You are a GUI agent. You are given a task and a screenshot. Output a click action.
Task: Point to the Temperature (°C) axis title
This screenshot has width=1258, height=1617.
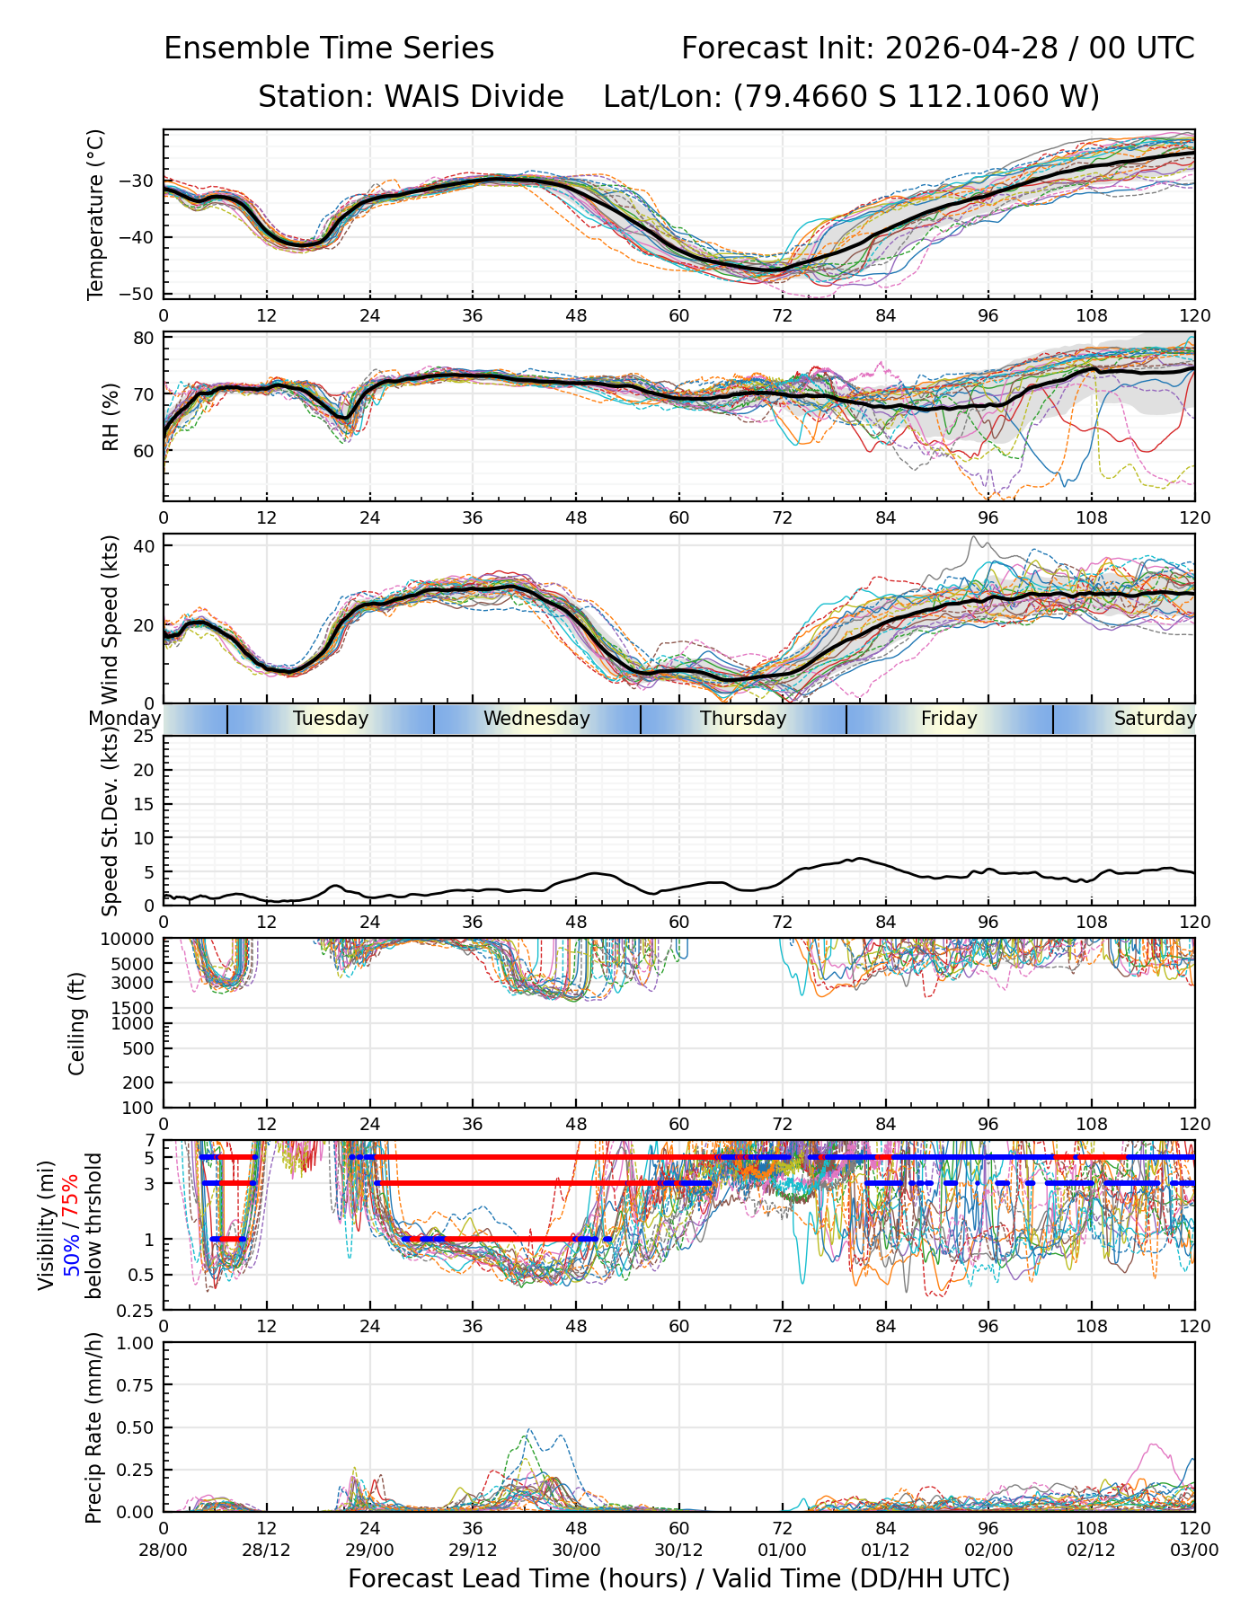[95, 214]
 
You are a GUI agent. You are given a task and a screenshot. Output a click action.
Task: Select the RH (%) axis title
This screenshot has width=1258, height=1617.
[111, 417]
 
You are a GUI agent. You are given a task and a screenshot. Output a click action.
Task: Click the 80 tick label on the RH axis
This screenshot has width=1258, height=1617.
[144, 339]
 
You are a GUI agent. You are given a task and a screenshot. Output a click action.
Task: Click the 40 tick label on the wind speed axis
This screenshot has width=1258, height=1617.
[144, 546]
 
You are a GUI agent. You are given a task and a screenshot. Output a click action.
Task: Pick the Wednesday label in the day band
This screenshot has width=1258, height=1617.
[536, 719]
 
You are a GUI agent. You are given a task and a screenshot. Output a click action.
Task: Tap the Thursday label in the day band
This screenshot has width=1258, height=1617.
[743, 719]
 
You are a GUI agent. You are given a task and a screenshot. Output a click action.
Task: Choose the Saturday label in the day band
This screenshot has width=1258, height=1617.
[1156, 719]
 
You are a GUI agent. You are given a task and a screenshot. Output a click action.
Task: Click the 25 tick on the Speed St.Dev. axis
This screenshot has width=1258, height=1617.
[144, 737]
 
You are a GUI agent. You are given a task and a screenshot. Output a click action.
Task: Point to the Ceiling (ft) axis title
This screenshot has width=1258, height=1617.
[77, 1023]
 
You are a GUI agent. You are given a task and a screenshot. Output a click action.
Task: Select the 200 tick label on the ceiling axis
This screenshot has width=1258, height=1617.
[139, 1082]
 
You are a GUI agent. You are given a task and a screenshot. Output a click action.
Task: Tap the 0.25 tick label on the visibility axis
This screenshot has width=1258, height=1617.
[137, 1310]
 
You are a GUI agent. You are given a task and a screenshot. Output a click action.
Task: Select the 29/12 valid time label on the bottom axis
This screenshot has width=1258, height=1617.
[473, 1550]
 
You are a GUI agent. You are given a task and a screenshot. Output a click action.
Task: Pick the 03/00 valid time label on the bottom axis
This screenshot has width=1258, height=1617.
[1195, 1550]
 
